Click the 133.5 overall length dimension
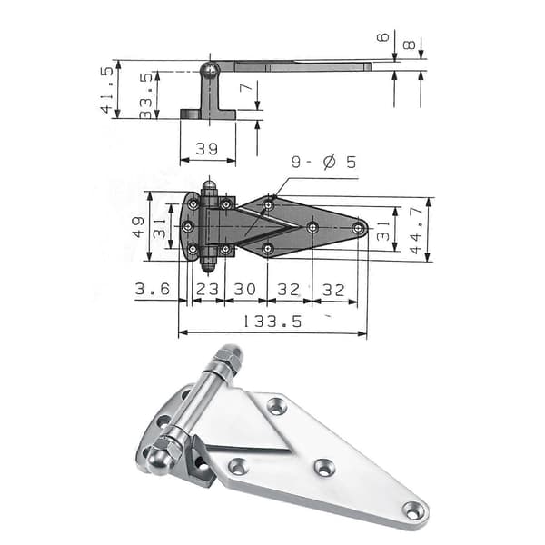point(272,322)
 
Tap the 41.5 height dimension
point(107,90)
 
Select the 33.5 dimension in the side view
point(146,95)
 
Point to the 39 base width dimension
point(207,149)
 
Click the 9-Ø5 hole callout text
point(324,163)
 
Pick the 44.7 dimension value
point(416,230)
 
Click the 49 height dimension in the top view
point(138,227)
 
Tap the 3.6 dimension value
point(153,289)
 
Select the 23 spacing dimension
point(207,289)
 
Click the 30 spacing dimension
point(244,289)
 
